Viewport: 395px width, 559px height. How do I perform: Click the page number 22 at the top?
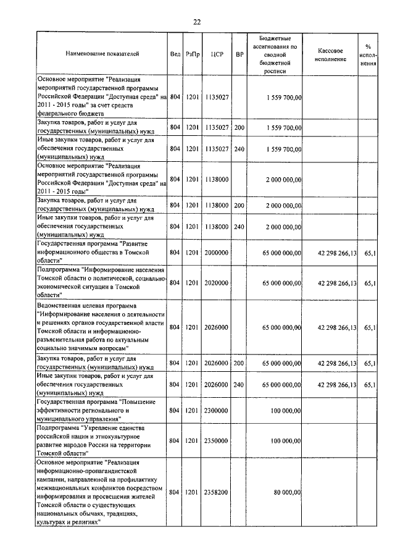click(197, 22)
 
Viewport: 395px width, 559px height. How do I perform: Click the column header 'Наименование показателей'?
click(102, 54)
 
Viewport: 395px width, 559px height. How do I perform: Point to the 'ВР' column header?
click(239, 54)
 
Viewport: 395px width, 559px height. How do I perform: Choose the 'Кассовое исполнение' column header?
click(333, 54)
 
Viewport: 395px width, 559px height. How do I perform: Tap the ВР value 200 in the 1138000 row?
click(239, 205)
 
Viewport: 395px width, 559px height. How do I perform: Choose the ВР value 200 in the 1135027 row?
click(239, 127)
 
